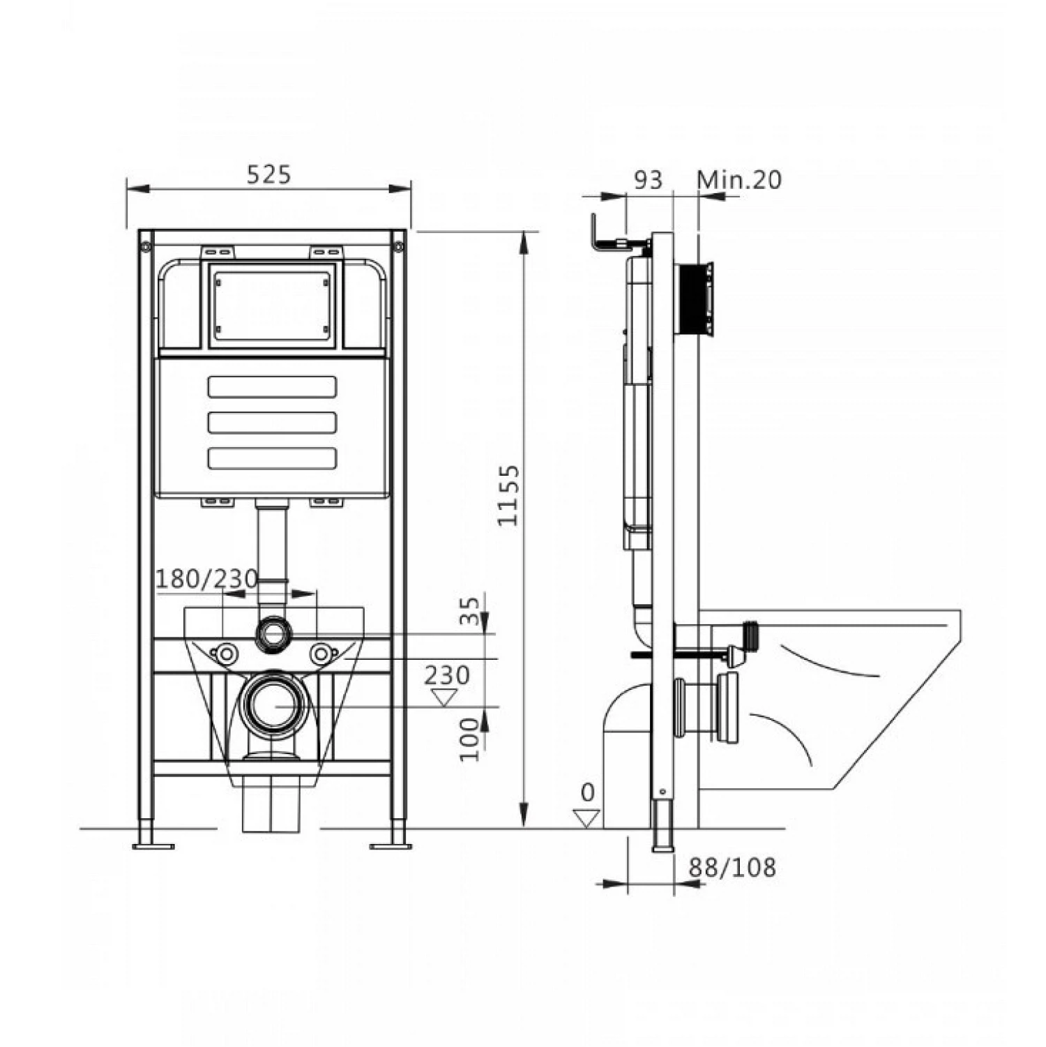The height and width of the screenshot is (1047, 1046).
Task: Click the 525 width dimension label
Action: tap(268, 174)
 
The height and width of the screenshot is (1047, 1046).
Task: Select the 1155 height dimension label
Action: tap(509, 495)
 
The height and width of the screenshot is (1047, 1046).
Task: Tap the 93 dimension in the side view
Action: tap(648, 180)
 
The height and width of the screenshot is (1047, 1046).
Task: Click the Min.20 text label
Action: tap(739, 180)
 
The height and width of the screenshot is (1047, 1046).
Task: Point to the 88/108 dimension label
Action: tap(732, 868)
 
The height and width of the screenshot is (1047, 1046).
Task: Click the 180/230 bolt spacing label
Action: tap(206, 579)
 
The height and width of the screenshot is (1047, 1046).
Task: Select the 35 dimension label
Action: tap(472, 610)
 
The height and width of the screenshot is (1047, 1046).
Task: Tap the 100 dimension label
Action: tap(472, 739)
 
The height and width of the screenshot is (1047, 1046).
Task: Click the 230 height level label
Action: tap(447, 675)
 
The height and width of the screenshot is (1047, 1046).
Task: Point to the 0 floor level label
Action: tap(588, 792)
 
